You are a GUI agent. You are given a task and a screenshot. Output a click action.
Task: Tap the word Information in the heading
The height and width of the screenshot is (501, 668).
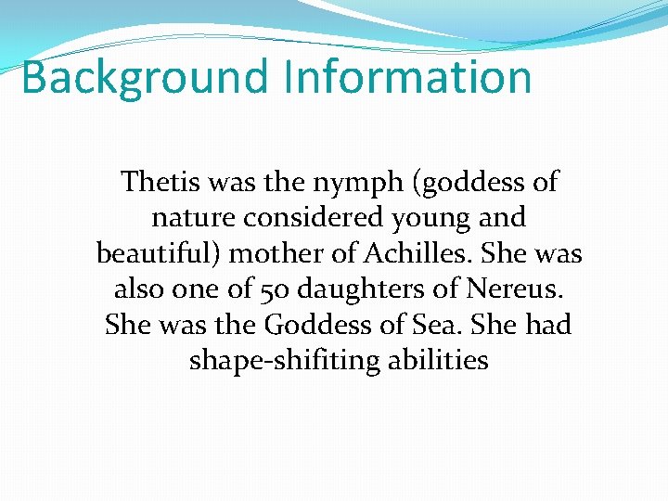tap(408, 77)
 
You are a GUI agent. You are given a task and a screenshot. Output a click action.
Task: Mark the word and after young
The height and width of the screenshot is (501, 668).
tap(501, 217)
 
